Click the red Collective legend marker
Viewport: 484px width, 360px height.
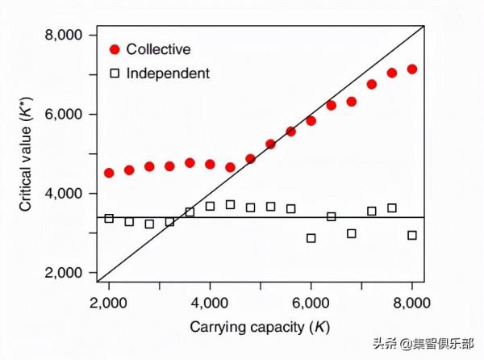pyautogui.click(x=114, y=50)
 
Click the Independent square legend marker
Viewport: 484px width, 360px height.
pyautogui.click(x=114, y=73)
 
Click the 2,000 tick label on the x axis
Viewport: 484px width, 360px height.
pyautogui.click(x=109, y=305)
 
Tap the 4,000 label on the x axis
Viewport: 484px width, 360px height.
pyautogui.click(x=210, y=305)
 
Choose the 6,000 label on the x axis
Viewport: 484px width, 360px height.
pyautogui.click(x=311, y=305)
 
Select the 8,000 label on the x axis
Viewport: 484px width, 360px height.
pyautogui.click(x=412, y=305)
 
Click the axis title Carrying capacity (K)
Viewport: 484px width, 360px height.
pyautogui.click(x=260, y=328)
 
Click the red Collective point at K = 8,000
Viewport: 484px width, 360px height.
pyautogui.click(x=412, y=69)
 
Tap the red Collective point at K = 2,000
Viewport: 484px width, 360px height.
pyautogui.click(x=109, y=173)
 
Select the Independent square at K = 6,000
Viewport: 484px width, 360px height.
pyautogui.click(x=311, y=238)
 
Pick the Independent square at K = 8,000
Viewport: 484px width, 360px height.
pyautogui.click(x=412, y=235)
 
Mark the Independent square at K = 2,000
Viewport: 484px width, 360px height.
pyautogui.click(x=109, y=218)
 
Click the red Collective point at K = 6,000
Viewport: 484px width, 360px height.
pyautogui.click(x=311, y=121)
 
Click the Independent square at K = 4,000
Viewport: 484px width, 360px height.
pyautogui.click(x=210, y=206)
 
